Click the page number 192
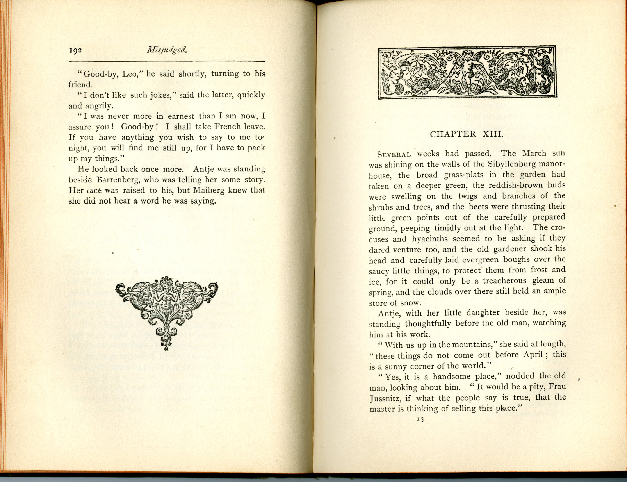(75, 50)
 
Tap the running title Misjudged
(167, 50)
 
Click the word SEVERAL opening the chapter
(394, 154)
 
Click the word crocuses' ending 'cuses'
(379, 239)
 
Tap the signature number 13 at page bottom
(420, 419)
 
